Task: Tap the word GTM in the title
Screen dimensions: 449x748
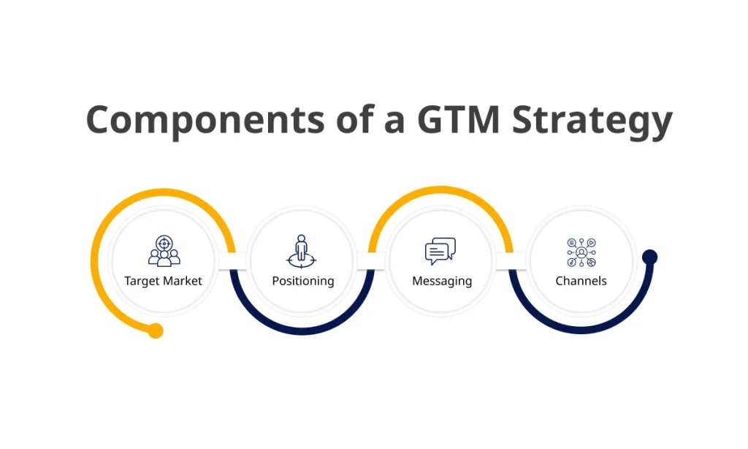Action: [x=458, y=119]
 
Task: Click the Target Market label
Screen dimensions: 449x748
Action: [x=163, y=281]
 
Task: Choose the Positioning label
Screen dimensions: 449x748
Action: [x=302, y=281]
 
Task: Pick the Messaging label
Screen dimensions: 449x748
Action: [x=442, y=281]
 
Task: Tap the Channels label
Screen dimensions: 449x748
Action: [x=581, y=281]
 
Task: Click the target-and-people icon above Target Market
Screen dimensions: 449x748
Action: [x=164, y=251]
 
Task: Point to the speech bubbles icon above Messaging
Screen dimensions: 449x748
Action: [x=440, y=251]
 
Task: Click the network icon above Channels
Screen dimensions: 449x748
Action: [x=581, y=252]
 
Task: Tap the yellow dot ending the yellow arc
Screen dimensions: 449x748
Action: [x=156, y=331]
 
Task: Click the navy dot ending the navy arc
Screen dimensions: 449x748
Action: [x=649, y=257]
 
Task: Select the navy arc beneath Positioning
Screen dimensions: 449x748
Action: [x=302, y=331]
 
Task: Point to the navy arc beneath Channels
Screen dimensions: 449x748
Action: [x=581, y=331]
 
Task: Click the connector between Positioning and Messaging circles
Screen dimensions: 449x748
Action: [x=372, y=260]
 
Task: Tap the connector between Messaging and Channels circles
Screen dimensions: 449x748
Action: [x=511, y=260]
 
